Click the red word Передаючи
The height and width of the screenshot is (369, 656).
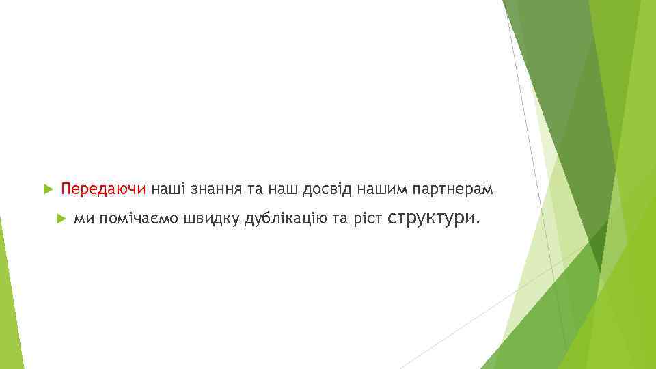pyautogui.click(x=103, y=188)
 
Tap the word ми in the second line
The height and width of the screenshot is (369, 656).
pyautogui.click(x=84, y=219)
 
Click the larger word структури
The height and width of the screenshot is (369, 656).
pyautogui.click(x=431, y=218)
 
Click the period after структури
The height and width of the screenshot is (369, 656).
pyautogui.click(x=478, y=222)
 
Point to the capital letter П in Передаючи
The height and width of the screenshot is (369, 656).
pyautogui.click(x=66, y=188)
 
